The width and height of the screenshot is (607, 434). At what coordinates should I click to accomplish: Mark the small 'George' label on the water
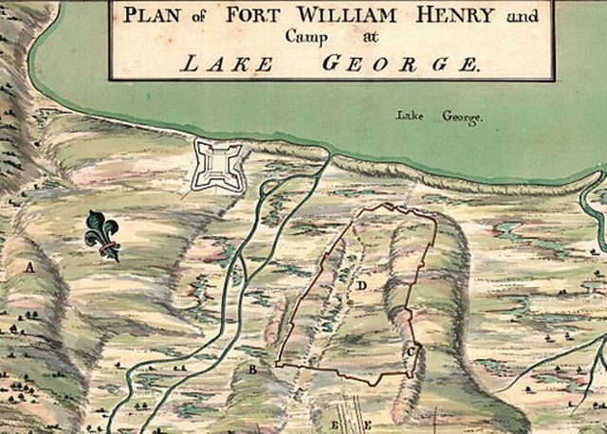click(462, 118)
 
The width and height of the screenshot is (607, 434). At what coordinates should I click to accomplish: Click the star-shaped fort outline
click(216, 164)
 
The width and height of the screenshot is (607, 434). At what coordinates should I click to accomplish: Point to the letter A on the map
click(30, 267)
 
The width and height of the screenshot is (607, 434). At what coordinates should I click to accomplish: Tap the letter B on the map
click(252, 370)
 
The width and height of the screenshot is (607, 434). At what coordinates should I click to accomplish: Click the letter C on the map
click(410, 352)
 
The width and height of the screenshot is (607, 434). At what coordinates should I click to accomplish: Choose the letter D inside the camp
click(362, 283)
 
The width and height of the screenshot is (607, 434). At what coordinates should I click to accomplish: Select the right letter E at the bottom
click(367, 424)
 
